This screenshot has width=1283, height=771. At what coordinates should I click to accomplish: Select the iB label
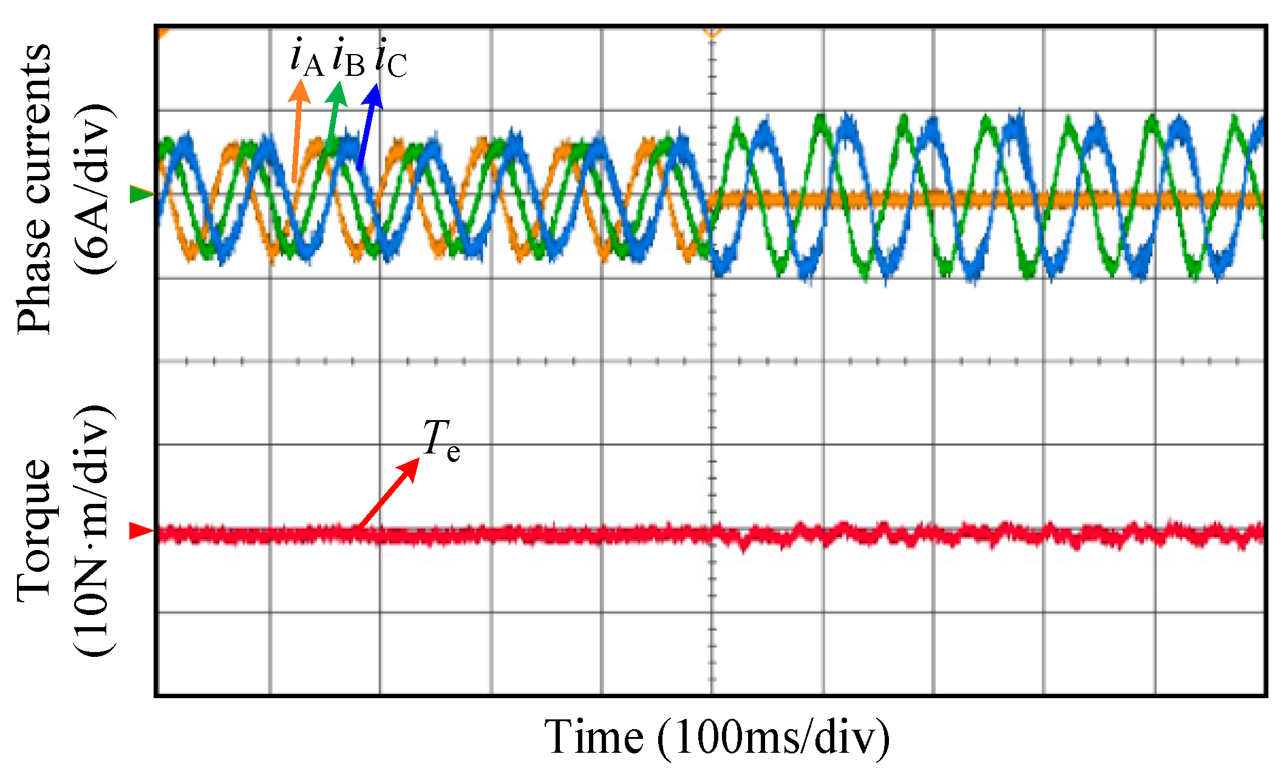[x=349, y=59]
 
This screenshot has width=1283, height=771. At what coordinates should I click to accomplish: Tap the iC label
[x=391, y=59]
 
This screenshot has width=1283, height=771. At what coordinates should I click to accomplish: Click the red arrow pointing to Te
[x=389, y=493]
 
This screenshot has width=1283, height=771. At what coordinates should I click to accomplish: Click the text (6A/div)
[x=94, y=188]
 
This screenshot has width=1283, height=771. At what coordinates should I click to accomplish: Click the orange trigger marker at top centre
[x=712, y=32]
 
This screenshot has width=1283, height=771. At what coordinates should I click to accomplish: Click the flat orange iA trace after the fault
[x=1032, y=200]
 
